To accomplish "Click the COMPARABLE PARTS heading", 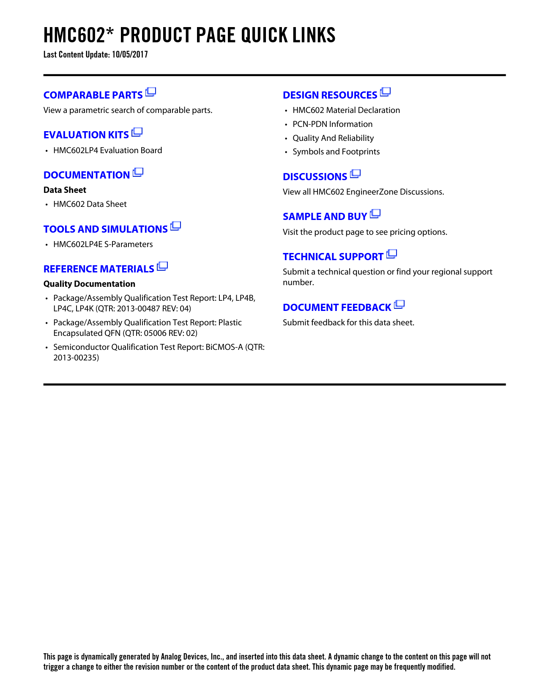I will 93,95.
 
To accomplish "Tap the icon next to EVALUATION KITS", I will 137,132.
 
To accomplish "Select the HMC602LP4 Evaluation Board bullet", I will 107,151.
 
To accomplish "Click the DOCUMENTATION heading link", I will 87,175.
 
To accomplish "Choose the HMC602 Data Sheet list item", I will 90,204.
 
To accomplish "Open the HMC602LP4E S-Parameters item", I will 103,245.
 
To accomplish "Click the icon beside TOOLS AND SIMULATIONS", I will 176,227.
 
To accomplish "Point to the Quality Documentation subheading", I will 89,284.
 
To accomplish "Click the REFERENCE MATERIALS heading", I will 98,269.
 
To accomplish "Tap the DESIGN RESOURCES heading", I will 330,95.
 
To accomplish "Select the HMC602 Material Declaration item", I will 346,110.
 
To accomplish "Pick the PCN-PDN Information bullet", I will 332,124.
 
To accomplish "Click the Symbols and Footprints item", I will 336,152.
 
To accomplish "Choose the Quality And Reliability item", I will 333,138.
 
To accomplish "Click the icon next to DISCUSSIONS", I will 356,174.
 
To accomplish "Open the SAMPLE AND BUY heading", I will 325,217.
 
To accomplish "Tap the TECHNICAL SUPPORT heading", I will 333,257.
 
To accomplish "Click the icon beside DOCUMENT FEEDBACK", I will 399,305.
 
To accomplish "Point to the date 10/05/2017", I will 130,55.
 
